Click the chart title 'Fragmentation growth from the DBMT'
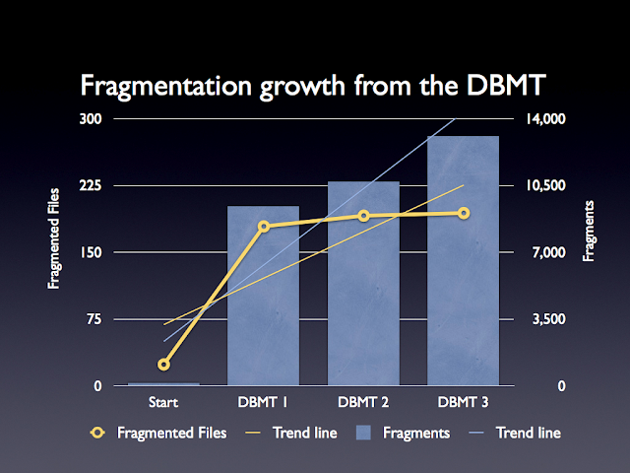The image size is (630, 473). [314, 85]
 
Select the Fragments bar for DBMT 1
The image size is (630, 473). [263, 296]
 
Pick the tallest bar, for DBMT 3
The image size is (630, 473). [463, 261]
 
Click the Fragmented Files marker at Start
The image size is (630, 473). [163, 365]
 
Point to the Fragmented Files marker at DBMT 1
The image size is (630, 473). [263, 227]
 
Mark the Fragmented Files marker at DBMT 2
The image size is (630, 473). [363, 216]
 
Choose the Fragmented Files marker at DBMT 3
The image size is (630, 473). [463, 213]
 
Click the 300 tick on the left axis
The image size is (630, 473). [91, 118]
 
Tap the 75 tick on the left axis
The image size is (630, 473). [94, 319]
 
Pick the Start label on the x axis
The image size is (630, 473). [163, 402]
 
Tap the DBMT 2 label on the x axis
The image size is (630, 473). [363, 402]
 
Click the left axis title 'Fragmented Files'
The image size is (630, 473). [56, 236]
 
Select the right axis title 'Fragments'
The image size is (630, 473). [590, 230]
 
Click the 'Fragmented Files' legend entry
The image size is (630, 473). [171, 433]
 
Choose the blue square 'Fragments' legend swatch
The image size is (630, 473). [363, 433]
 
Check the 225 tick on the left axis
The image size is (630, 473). [91, 185]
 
